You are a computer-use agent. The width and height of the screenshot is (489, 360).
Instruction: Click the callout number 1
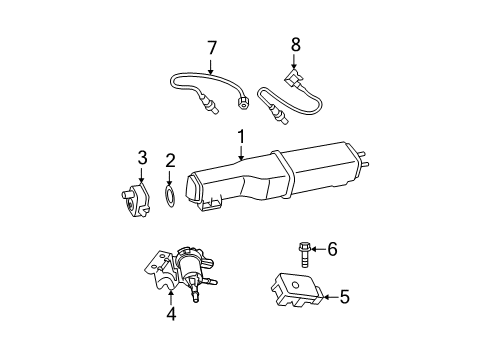pyautogui.click(x=241, y=136)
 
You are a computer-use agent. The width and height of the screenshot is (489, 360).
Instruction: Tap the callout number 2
pyautogui.click(x=171, y=159)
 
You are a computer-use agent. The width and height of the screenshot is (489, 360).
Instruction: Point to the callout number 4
pyautogui.click(x=171, y=313)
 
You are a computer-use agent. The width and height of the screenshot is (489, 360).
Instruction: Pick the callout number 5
pyautogui.click(x=344, y=297)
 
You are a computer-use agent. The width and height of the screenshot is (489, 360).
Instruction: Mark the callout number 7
pyautogui.click(x=211, y=47)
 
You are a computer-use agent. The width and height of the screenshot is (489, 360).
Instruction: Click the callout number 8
pyautogui.click(x=295, y=45)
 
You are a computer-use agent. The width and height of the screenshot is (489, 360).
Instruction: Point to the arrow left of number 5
pyautogui.click(x=327, y=297)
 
